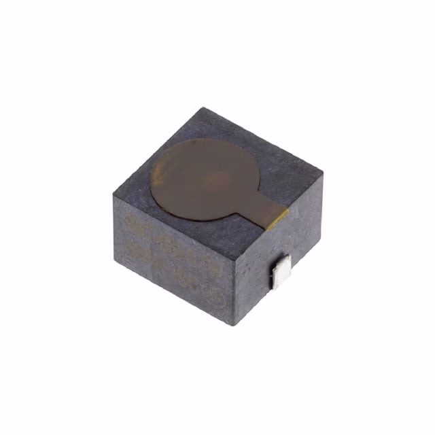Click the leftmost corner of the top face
(113, 196)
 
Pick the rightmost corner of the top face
(323, 175)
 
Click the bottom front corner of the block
(235, 325)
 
